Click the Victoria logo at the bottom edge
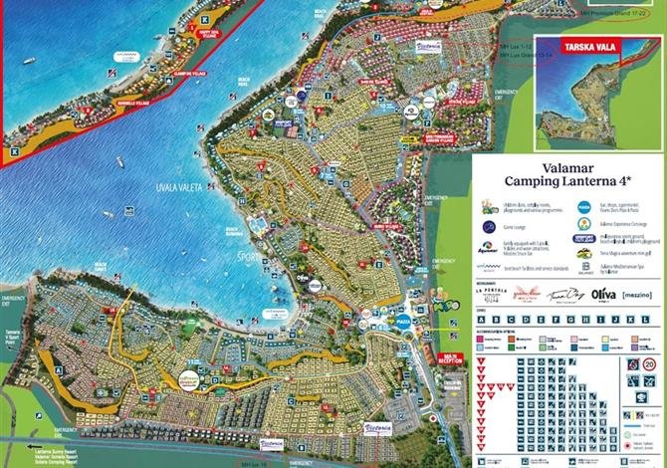[272, 443]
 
